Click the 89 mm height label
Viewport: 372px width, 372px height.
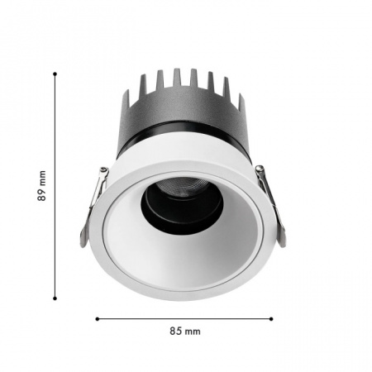42,186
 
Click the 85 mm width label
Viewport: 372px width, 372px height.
185,331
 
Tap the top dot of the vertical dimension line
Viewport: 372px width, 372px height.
55,74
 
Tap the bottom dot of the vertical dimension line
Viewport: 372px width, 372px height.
55,298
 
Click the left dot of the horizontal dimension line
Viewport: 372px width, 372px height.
98,319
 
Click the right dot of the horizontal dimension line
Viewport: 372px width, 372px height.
271,319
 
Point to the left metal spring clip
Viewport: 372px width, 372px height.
93,207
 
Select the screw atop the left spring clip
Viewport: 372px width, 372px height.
104,169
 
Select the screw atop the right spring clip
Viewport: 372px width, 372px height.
260,168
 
